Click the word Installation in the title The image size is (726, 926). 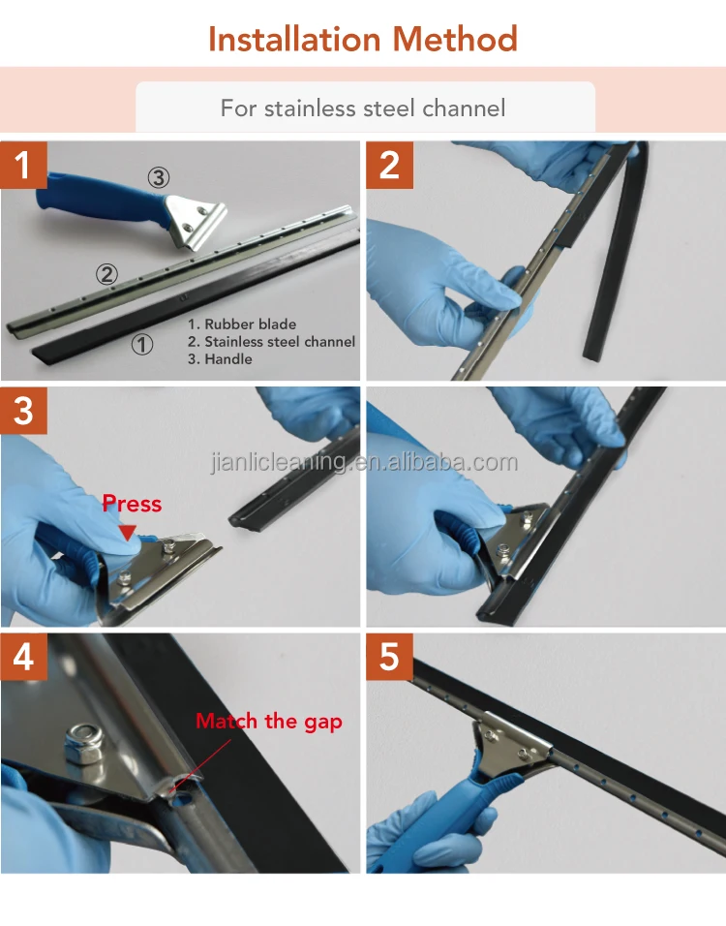(294, 40)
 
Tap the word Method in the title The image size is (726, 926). (455, 40)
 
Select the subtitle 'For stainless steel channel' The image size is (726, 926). (363, 108)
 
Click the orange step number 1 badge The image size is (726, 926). (23, 165)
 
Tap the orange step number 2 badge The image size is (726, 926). (389, 165)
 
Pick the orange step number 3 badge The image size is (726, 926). (23, 411)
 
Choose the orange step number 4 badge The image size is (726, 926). (23, 657)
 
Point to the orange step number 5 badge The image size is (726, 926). (389, 657)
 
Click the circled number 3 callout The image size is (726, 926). (158, 177)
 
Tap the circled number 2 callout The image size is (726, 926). (106, 274)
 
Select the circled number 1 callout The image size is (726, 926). (141, 344)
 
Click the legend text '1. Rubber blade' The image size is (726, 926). (242, 324)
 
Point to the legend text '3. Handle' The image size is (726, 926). (220, 359)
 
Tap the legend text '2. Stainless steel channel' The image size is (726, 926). (271, 341)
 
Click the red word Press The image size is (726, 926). (132, 504)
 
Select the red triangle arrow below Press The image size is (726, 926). (128, 532)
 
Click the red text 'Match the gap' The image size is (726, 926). (269, 722)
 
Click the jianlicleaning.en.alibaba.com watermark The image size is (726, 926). (364, 462)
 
